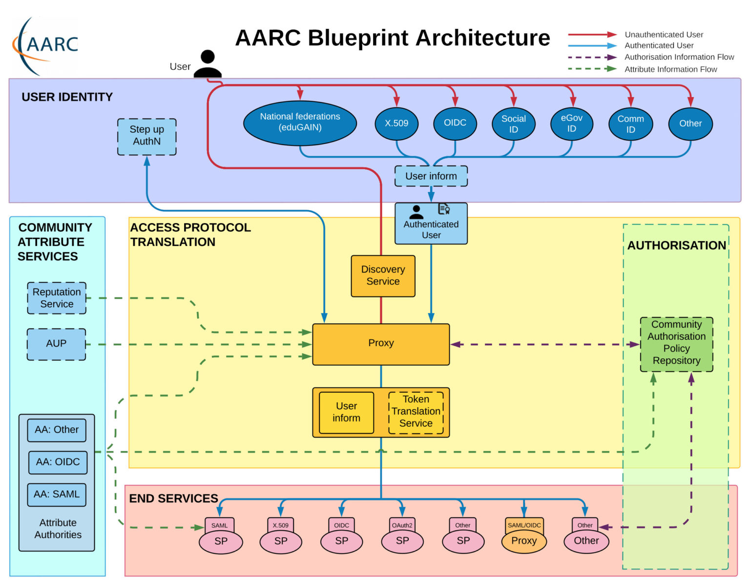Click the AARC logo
coord(46,45)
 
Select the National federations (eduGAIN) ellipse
coord(300,123)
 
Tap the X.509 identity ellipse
coord(396,124)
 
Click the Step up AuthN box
coord(146,136)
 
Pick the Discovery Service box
coord(383,276)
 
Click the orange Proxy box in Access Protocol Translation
coord(380,344)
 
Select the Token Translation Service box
coord(416,412)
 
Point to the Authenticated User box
coord(431,224)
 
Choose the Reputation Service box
coord(57,298)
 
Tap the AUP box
coord(56,344)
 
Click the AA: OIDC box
coord(58,462)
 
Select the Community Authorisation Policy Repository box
coord(676,343)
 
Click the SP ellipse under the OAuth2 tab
coord(402,541)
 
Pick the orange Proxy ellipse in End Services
coord(524,541)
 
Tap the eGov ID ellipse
coord(571,124)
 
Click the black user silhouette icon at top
coord(208,64)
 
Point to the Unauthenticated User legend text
coord(664,35)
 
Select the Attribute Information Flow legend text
coord(670,69)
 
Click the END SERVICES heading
coord(173,499)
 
